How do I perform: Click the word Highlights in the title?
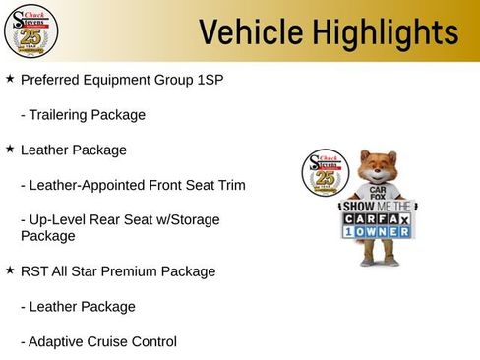click(384, 31)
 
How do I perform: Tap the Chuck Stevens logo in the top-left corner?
click(30, 31)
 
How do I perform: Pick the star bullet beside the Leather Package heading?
click(10, 149)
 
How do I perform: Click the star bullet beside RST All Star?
click(10, 270)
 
